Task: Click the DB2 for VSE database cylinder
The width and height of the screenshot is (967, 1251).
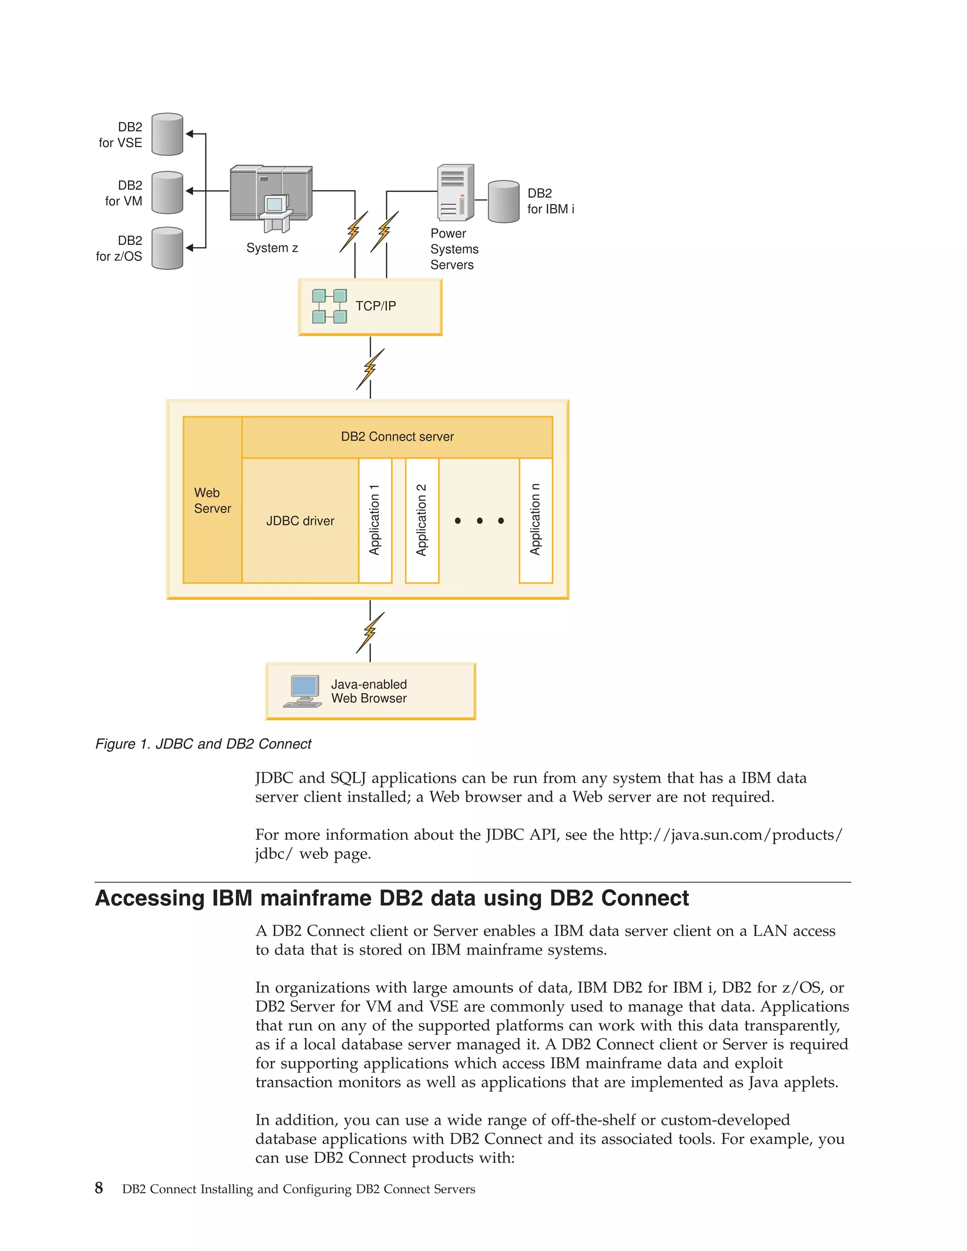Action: tap(167, 134)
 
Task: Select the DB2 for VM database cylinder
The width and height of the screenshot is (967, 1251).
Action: tap(167, 193)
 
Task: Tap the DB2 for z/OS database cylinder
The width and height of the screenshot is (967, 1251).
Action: tap(167, 248)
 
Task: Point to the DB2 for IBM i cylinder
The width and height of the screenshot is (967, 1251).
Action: tap(503, 202)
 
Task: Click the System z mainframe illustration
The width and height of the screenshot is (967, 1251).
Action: tap(271, 198)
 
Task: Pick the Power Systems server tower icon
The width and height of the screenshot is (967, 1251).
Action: tap(456, 193)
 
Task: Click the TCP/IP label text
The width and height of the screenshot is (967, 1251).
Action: tap(375, 306)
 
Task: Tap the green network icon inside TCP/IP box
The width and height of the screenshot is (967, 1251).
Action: tap(330, 306)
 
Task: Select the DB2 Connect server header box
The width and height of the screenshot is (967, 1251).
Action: tap(397, 437)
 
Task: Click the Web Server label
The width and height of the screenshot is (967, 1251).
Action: tap(212, 500)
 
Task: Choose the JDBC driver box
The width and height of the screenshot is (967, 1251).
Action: tap(300, 521)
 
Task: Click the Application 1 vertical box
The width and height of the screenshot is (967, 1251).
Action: tap(375, 520)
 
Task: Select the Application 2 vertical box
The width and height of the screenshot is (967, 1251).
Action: tap(422, 520)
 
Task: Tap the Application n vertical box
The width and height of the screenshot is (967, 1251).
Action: tap(535, 520)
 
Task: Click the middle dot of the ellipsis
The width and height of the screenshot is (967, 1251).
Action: tap(480, 521)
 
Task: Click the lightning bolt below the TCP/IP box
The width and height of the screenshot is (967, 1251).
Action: tap(370, 369)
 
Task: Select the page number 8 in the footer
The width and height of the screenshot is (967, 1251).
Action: tap(99, 1188)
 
